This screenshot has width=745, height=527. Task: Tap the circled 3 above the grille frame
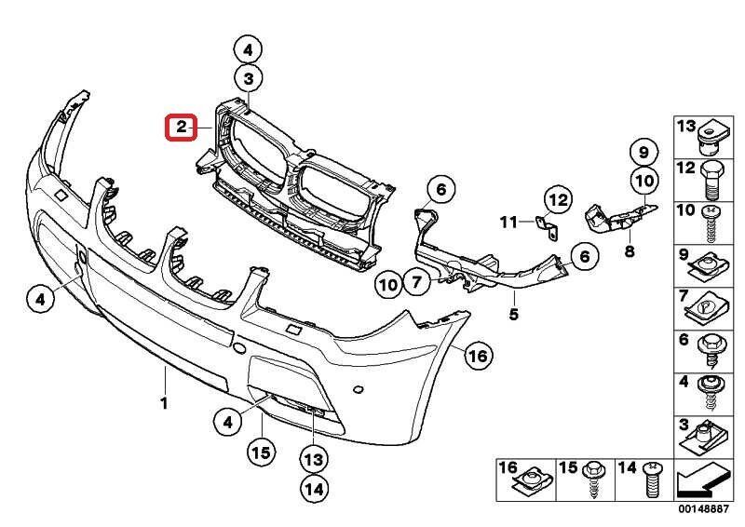click(249, 78)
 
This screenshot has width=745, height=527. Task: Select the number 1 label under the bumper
click(164, 403)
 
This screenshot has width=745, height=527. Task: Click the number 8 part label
click(630, 250)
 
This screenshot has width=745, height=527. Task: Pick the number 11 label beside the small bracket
click(508, 222)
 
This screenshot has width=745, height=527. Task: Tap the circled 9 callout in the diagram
click(643, 150)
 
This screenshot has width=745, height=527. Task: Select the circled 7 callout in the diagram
click(416, 280)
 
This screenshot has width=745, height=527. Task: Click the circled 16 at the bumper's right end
click(478, 355)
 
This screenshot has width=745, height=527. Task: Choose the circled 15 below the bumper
click(262, 453)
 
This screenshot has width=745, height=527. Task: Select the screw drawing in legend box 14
click(652, 482)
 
